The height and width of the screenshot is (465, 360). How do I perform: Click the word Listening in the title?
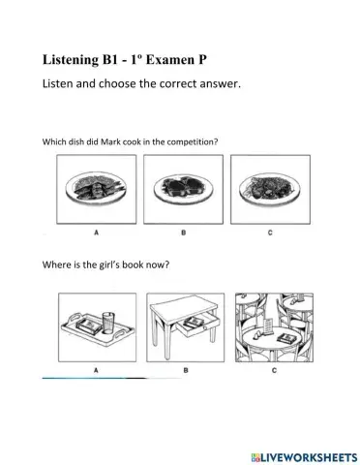[71, 61]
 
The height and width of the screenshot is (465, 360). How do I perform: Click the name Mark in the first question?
[110, 141]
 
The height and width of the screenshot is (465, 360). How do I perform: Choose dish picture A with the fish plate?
[97, 189]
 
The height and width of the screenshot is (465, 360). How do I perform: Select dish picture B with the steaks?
[183, 189]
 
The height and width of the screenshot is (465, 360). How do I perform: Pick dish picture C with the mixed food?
[270, 189]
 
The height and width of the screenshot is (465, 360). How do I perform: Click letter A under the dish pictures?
[96, 232]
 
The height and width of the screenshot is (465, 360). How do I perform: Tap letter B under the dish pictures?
[183, 232]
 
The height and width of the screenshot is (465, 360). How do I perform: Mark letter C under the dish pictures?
[270, 232]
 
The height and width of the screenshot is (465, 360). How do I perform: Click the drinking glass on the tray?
[108, 324]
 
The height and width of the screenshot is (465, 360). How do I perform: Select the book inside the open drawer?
[193, 322]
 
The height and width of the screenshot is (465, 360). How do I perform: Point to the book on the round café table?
[285, 338]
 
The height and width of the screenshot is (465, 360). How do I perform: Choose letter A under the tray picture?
[96, 370]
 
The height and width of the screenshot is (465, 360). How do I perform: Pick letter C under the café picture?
[274, 370]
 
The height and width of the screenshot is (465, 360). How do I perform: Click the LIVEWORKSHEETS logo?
[305, 457]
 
